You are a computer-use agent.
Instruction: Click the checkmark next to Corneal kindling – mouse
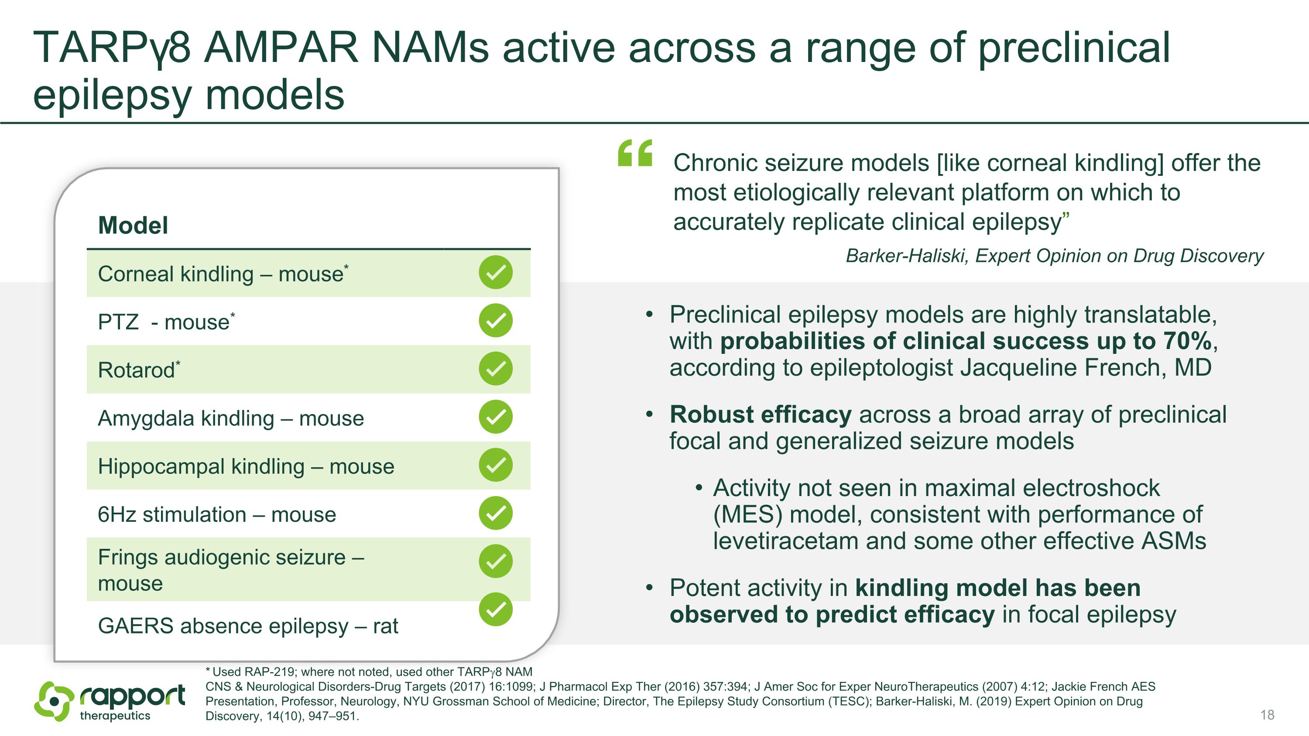click(495, 272)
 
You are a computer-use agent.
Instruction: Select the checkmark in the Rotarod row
click(495, 369)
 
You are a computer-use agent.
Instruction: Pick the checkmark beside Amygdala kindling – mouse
click(495, 417)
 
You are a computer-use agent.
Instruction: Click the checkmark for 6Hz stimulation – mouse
click(495, 513)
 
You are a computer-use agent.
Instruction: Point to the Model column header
click(133, 225)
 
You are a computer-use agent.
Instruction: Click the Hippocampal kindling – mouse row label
click(246, 466)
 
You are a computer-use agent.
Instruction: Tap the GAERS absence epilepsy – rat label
click(248, 626)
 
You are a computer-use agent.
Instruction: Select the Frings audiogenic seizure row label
click(231, 570)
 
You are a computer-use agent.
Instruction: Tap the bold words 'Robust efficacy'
click(761, 414)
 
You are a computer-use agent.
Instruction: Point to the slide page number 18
click(1268, 715)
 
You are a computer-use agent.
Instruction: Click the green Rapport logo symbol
click(53, 702)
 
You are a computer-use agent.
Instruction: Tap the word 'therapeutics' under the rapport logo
click(115, 715)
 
